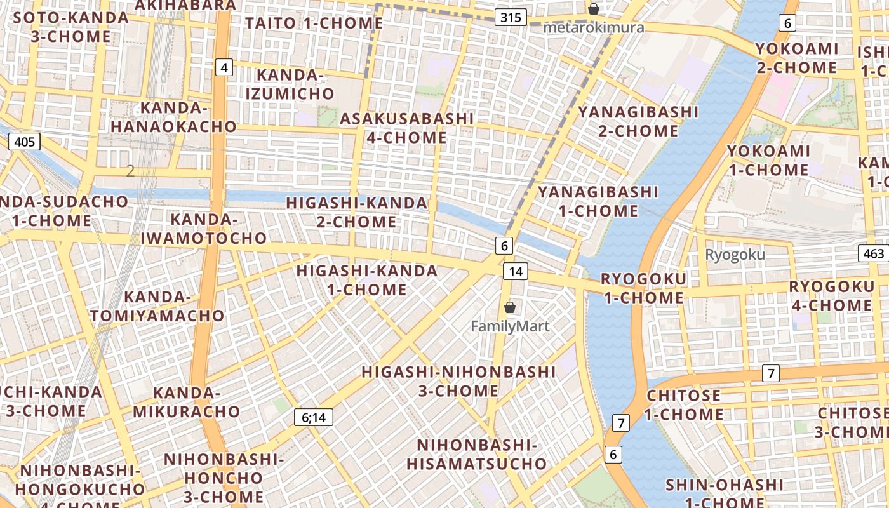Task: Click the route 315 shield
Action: coord(511,17)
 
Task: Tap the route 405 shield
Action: coord(24,142)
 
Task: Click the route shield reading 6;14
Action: coord(314,417)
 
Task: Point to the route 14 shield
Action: coord(516,272)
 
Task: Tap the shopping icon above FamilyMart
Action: coord(509,308)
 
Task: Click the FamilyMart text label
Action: coord(510,326)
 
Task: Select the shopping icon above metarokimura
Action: coord(593,9)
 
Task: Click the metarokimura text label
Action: coord(594,27)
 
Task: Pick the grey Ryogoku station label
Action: coord(735,255)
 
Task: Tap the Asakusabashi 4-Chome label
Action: coord(407,128)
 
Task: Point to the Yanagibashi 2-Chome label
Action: coord(638,121)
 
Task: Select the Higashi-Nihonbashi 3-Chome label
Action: coord(458,381)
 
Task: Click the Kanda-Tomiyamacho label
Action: coord(157,306)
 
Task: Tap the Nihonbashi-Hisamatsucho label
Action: coord(476,454)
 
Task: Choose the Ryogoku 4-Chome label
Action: coord(831,296)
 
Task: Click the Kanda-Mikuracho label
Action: coord(186,402)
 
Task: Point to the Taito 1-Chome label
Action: coord(314,23)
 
